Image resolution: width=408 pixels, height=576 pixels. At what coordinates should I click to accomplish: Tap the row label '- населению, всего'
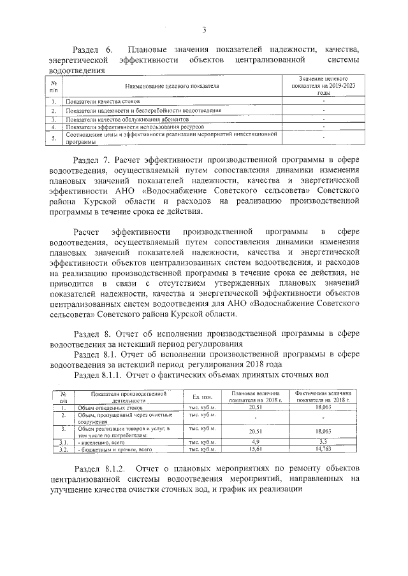101,442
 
